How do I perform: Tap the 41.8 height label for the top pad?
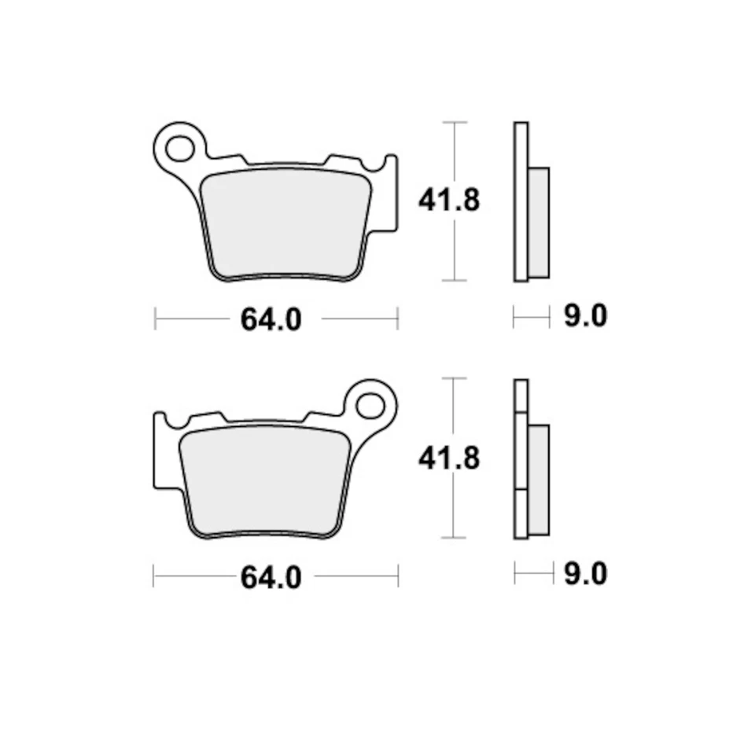(448, 201)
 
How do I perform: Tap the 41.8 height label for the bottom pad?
(448, 458)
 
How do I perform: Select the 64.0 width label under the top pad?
(271, 320)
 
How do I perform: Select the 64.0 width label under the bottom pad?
(271, 578)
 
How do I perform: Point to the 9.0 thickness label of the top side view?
(585, 317)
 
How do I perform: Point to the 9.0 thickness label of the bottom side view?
(585, 574)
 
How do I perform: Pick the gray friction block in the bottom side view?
(539, 480)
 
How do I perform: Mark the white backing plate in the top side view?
(521, 201)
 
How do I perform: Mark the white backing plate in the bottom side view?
(521, 459)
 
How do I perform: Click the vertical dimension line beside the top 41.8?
(455, 252)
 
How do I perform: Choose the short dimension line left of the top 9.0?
(532, 317)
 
